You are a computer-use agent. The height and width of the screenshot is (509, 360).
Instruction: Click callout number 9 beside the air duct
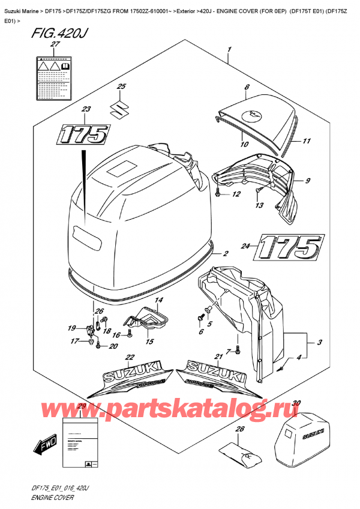[307, 181]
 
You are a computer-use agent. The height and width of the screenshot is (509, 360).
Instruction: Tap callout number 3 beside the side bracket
[320, 343]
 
